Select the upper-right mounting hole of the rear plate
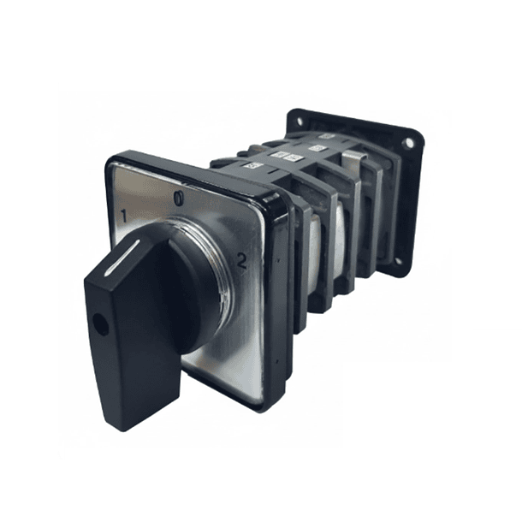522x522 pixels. (x=408, y=144)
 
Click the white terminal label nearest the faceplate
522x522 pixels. (x=250, y=164)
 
